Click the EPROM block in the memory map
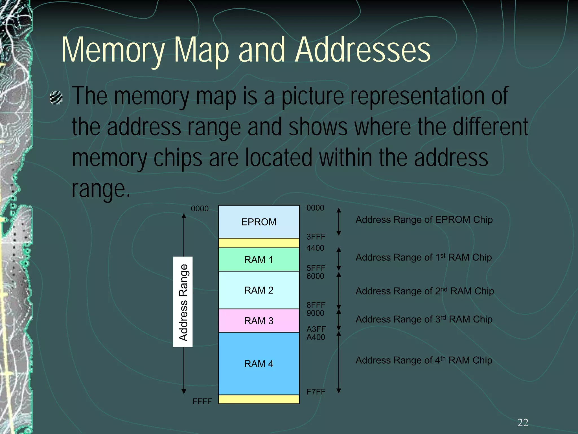click(x=259, y=222)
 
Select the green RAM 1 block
click(x=259, y=259)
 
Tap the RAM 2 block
click(x=259, y=290)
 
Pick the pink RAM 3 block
click(x=259, y=321)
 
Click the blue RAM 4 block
click(x=259, y=364)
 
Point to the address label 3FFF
click(x=316, y=237)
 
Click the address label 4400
click(x=315, y=248)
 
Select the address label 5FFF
click(x=316, y=268)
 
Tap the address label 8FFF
click(x=316, y=305)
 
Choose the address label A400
click(x=316, y=337)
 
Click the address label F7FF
click(x=316, y=392)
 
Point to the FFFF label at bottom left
click(x=202, y=401)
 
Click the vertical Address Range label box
click(x=183, y=302)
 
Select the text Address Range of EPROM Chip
click(x=424, y=220)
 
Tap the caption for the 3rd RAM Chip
click(x=424, y=319)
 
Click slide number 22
click(x=523, y=423)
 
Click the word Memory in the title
click(x=113, y=50)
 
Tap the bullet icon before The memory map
click(x=56, y=98)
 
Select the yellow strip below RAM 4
click(x=259, y=399)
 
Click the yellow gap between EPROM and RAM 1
click(x=259, y=243)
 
